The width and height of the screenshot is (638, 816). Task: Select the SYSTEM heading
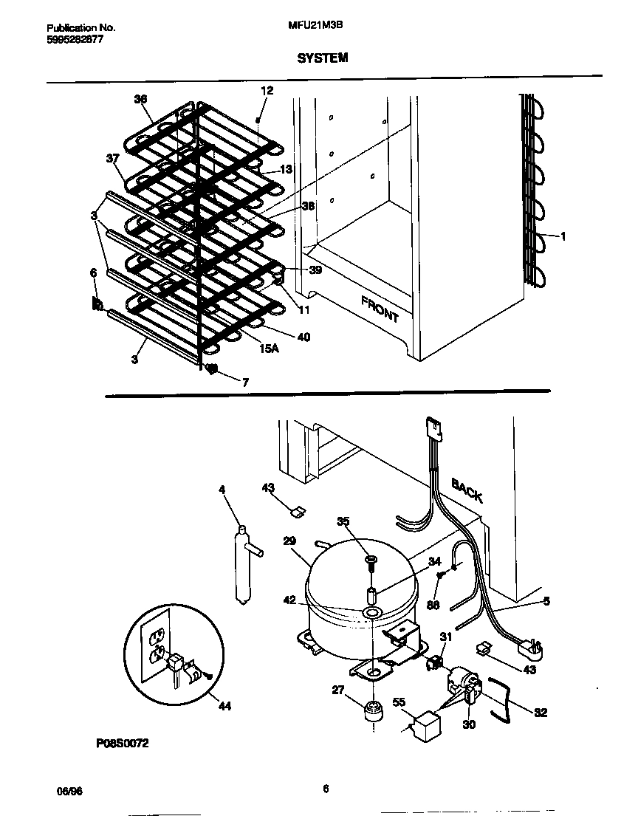coord(323,58)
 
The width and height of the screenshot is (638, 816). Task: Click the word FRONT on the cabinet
coord(380,309)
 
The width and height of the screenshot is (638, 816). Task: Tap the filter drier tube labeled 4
coord(241,565)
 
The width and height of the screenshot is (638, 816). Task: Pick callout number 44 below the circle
coord(224,706)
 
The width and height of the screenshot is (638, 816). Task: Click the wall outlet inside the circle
coord(157,642)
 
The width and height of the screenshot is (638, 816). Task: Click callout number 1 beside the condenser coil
coord(563,236)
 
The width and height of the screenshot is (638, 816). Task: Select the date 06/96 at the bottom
coord(69,790)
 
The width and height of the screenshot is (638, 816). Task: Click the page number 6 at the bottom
coord(325,788)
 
